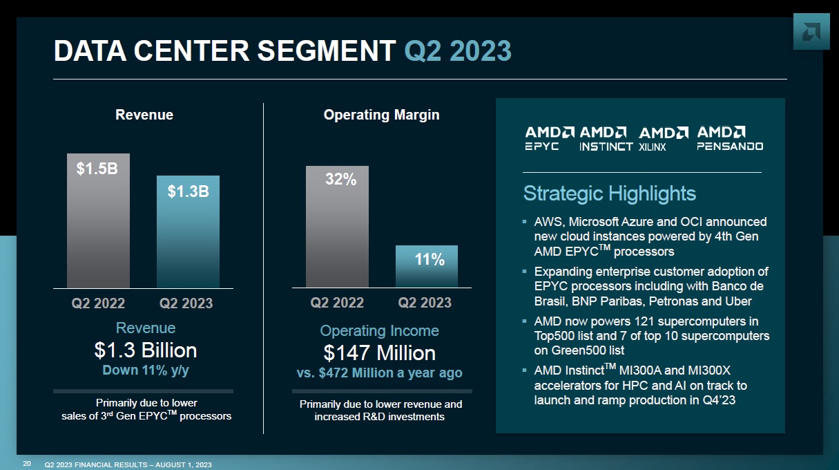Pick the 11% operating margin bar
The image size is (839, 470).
click(426, 267)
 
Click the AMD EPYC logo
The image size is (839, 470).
click(549, 138)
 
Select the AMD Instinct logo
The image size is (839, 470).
click(606, 138)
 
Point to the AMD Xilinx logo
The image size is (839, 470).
click(663, 138)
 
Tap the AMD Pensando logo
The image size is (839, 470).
click(729, 138)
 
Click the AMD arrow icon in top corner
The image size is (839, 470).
click(811, 32)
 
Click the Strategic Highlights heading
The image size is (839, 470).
click(609, 193)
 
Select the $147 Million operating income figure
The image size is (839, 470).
click(379, 353)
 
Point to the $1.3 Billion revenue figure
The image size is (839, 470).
click(145, 350)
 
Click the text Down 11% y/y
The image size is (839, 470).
click(145, 370)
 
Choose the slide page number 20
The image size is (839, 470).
click(27, 463)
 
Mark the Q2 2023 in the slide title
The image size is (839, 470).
click(457, 51)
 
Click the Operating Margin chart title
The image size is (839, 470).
click(381, 115)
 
